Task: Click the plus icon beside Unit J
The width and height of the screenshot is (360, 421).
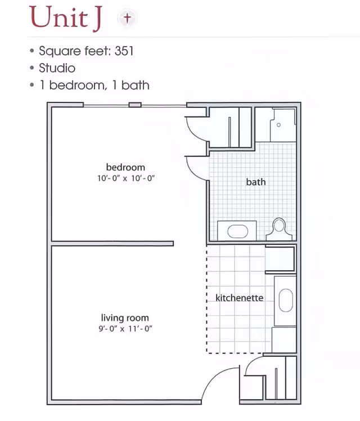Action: (127, 18)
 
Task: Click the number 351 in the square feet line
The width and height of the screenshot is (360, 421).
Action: (124, 51)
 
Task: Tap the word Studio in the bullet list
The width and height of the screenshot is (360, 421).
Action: (57, 68)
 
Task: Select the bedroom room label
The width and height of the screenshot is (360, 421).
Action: (125, 167)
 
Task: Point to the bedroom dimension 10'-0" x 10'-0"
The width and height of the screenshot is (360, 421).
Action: (126, 178)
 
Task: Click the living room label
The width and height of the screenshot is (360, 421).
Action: (125, 317)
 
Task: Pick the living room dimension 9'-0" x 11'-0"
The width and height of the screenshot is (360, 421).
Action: (125, 328)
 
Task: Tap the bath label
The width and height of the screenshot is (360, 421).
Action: (256, 182)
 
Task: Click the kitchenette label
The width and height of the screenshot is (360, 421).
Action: (239, 298)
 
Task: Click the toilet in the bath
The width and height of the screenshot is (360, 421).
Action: (279, 229)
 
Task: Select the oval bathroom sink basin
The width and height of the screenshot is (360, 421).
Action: (238, 231)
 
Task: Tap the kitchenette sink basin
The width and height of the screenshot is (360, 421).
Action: (286, 300)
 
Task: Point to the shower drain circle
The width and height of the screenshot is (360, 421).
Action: (278, 125)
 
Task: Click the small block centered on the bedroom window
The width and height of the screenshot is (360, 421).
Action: (135, 105)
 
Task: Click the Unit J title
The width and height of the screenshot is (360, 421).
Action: (66, 18)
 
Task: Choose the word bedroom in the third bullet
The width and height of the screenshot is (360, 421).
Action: (76, 85)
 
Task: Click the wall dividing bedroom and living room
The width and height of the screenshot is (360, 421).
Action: (112, 244)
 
